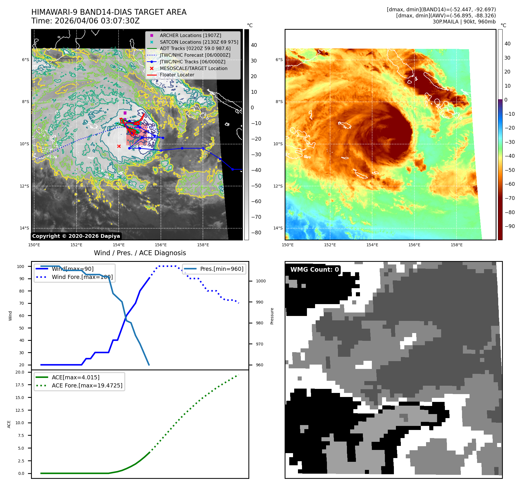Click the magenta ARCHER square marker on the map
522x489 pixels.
click(x=125, y=113)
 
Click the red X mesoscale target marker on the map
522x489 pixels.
click(x=119, y=146)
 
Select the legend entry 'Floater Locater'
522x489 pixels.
click(x=177, y=75)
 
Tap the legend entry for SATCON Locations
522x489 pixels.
click(x=199, y=42)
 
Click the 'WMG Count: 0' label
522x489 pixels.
click(x=314, y=269)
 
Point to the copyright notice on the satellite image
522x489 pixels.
click(x=76, y=236)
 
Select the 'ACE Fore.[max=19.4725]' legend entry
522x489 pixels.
click(x=87, y=385)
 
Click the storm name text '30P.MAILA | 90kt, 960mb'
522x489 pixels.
click(x=464, y=22)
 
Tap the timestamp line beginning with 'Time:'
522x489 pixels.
click(x=86, y=21)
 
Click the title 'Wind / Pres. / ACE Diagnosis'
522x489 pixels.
click(x=140, y=253)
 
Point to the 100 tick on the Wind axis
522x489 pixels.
click(x=21, y=266)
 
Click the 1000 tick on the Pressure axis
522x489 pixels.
click(x=261, y=281)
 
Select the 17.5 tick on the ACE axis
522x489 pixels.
click(x=20, y=385)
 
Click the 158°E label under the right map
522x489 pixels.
click(x=456, y=245)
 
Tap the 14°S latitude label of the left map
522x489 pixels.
click(x=24, y=228)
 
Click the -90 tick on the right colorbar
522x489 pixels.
click(x=510, y=226)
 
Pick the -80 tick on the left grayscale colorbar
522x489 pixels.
click(x=256, y=233)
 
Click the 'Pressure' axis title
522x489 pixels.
click(x=272, y=316)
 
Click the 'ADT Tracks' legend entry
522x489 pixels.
click(x=195, y=48)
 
